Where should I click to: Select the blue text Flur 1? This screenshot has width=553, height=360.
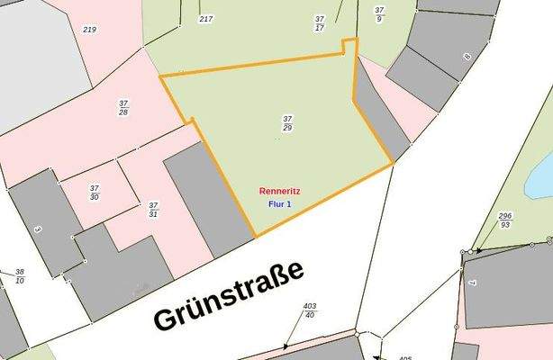coord(280,204)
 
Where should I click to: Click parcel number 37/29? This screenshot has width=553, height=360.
coord(287,123)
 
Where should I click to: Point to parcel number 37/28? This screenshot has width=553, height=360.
coord(122,108)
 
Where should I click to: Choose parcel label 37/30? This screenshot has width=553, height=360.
coord(95,192)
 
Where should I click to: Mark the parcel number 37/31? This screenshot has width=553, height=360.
coord(153,210)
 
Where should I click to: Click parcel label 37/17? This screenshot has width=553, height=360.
coord(320,22)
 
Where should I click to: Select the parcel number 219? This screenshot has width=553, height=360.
coord(89,30)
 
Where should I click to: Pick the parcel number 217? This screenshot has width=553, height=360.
coord(206,19)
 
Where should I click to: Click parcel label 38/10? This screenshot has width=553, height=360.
coord(20,276)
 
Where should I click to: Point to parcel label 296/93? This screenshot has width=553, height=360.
coord(504,220)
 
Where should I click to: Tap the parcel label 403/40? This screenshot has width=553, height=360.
coord(310,310)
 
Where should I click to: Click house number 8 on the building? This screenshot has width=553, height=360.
coord(467,57)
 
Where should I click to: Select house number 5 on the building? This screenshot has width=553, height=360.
coord(38,229)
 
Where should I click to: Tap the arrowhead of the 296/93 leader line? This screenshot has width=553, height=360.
coord(478,250)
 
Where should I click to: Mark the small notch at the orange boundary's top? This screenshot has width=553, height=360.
coord(349,45)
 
